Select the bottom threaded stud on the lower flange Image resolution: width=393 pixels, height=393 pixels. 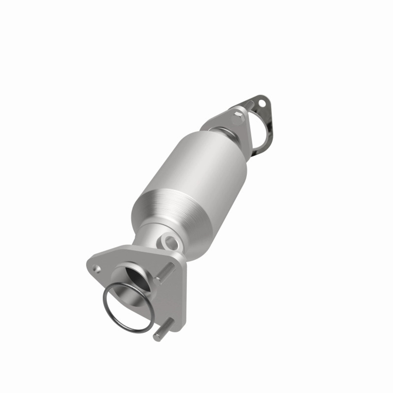[x=164, y=329]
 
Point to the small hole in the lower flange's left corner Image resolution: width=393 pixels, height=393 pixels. [x=97, y=269]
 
